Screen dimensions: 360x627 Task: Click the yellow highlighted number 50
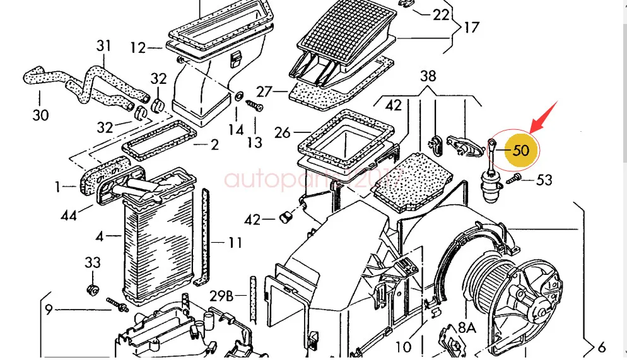pyautogui.click(x=521, y=151)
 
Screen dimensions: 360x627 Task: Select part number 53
pyautogui.click(x=544, y=180)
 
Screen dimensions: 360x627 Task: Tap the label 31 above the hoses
pyautogui.click(x=103, y=46)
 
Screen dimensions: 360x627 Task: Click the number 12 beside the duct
pyautogui.click(x=138, y=48)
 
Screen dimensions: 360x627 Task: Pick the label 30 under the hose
pyautogui.click(x=40, y=116)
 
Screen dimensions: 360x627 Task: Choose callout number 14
pyautogui.click(x=235, y=130)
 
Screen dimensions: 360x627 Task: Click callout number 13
pyautogui.click(x=254, y=142)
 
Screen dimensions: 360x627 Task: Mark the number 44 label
pyautogui.click(x=69, y=216)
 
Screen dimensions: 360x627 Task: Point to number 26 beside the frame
pyautogui.click(x=283, y=133)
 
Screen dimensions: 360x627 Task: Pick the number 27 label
pyautogui.click(x=264, y=92)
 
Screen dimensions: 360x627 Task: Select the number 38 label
pyautogui.click(x=428, y=76)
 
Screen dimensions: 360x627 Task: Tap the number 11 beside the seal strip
pyautogui.click(x=235, y=242)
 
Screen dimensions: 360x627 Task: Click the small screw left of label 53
pyautogui.click(x=512, y=181)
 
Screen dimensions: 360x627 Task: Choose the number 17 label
pyautogui.click(x=471, y=28)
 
